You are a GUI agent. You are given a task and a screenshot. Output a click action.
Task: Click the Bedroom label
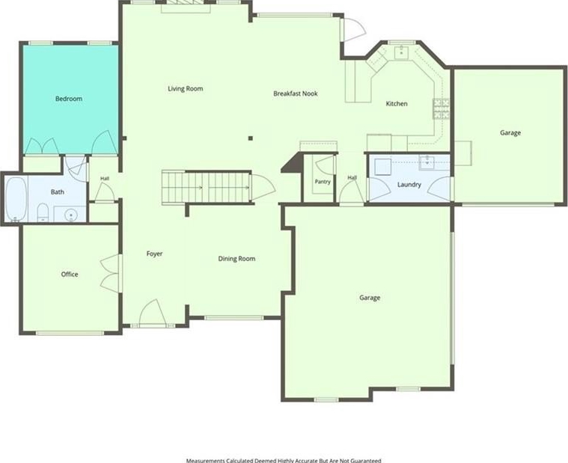(69, 99)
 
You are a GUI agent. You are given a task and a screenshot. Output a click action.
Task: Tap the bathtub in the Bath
(16, 199)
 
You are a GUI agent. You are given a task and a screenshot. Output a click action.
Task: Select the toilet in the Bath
(43, 212)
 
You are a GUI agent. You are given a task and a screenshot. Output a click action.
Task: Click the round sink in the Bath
(70, 215)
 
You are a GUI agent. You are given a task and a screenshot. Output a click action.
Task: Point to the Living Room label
(186, 89)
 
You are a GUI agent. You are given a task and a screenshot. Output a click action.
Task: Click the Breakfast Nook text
(296, 93)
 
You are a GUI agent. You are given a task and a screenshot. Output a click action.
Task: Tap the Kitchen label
(397, 104)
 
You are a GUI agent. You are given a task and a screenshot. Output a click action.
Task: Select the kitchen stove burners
(442, 108)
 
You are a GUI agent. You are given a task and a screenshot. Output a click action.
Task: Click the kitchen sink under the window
(402, 52)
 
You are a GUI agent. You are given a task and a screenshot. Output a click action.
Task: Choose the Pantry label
(323, 181)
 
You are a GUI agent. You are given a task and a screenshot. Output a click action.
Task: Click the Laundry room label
(409, 185)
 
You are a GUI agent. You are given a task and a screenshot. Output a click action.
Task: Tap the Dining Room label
(236, 259)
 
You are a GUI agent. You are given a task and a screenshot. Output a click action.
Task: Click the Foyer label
(154, 254)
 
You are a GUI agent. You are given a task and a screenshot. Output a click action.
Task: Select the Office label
(70, 275)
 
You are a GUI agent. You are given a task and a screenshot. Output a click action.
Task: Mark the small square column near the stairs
(250, 138)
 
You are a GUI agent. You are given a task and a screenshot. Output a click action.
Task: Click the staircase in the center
(207, 188)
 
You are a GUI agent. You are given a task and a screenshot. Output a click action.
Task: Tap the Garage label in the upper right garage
(510, 133)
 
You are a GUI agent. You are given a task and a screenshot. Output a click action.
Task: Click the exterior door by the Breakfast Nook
(353, 28)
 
